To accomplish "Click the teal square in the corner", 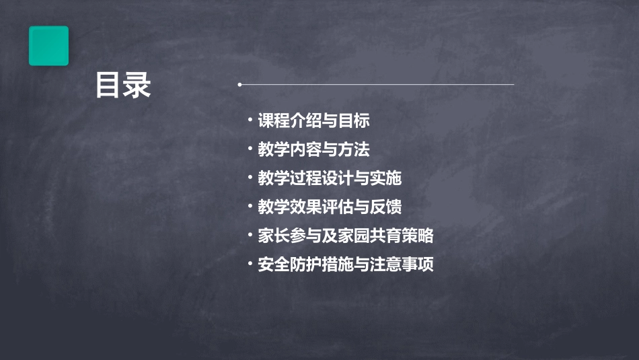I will [x=48, y=46].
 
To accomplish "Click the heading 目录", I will [x=122, y=85].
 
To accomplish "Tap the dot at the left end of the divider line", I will [x=240, y=85].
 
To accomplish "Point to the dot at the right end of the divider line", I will [x=513, y=85].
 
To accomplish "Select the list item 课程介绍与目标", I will [x=314, y=121].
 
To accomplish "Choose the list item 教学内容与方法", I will [x=314, y=149].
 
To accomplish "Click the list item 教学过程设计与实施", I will [x=330, y=178].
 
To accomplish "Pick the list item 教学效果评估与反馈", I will [x=330, y=207].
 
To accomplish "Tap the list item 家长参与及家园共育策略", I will [x=346, y=236].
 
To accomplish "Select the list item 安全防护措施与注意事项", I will [x=346, y=264].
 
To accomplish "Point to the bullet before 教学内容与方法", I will [x=250, y=148].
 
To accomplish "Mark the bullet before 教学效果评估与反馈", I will [x=250, y=205].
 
